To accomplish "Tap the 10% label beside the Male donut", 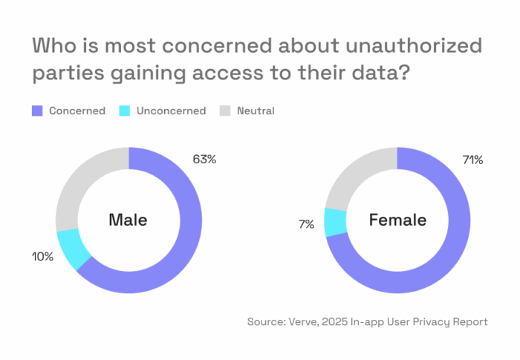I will (x=43, y=257).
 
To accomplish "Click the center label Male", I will (x=128, y=220).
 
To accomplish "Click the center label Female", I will (x=397, y=220).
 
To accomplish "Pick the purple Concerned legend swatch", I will (x=37, y=111).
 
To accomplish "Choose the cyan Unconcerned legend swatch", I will (x=124, y=111).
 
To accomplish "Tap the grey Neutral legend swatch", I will (x=225, y=111).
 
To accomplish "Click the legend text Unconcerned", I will (x=172, y=111).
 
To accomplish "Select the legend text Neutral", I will (x=256, y=111).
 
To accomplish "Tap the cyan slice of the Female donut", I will (x=336, y=222).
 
